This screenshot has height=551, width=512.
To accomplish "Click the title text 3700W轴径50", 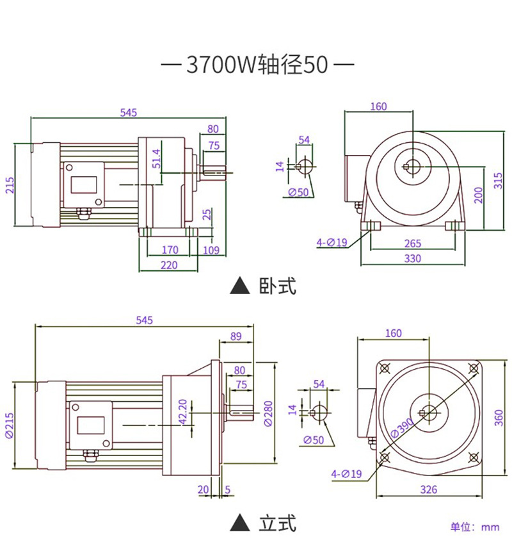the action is [257, 65].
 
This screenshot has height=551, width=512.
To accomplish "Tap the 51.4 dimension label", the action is [157, 158].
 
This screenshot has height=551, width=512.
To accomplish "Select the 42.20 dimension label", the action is [182, 411].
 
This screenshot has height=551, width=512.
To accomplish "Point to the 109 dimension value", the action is [211, 251].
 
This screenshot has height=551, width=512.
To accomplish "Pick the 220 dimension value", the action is [169, 265].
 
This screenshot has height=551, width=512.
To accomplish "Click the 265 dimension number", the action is [413, 243].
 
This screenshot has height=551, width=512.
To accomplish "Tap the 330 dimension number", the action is [413, 258].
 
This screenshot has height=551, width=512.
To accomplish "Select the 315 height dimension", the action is [498, 181].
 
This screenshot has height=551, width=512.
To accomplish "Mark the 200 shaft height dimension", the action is [479, 195].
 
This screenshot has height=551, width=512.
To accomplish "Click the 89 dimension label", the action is [236, 336].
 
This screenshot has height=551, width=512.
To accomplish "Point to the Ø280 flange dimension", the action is [268, 414].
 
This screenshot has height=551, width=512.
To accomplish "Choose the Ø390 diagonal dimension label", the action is [403, 427].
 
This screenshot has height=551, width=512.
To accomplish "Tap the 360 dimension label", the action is [499, 418].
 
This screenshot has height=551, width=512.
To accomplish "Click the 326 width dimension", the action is [429, 489].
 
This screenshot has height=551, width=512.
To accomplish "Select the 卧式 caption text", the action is [278, 285].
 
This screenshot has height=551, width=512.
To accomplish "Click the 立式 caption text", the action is [278, 523].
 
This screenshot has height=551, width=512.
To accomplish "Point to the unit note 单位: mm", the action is [475, 527].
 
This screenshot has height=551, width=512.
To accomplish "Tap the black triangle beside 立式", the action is [240, 523].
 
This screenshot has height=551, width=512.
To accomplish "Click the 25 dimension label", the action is [207, 215].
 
